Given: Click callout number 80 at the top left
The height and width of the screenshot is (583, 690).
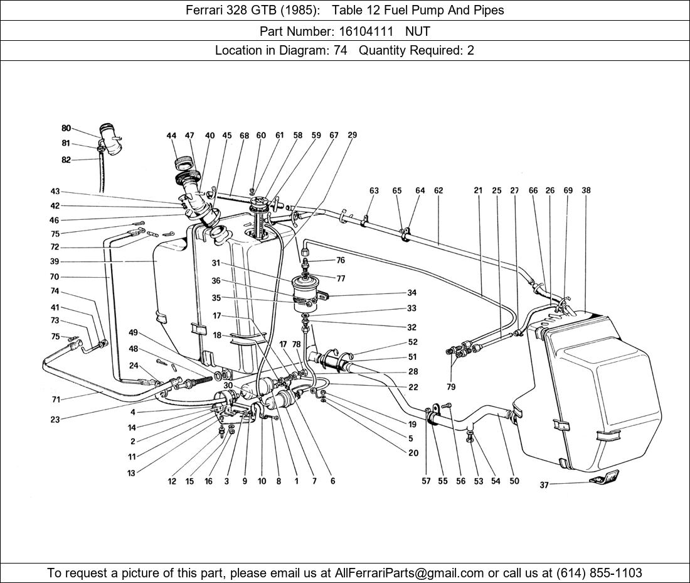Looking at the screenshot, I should [66, 129].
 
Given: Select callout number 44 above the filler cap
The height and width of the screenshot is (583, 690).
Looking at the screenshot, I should [171, 136].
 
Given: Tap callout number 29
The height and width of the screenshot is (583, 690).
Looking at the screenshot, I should [353, 136].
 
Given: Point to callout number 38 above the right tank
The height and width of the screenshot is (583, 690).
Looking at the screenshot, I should [586, 191].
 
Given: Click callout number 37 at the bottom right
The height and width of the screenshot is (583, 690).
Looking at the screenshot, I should [544, 485].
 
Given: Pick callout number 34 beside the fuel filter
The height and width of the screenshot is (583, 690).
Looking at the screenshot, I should [411, 293].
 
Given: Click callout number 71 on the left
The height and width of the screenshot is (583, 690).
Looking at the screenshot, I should [55, 400].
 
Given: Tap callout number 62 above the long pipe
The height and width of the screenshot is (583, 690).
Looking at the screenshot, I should [438, 191].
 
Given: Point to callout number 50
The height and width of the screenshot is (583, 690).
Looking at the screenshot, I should [514, 481].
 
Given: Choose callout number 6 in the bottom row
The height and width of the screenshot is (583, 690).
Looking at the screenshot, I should [332, 481].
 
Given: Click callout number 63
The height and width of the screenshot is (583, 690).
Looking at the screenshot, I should [374, 191].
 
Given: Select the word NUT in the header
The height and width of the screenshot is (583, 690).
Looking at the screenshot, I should [418, 30].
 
